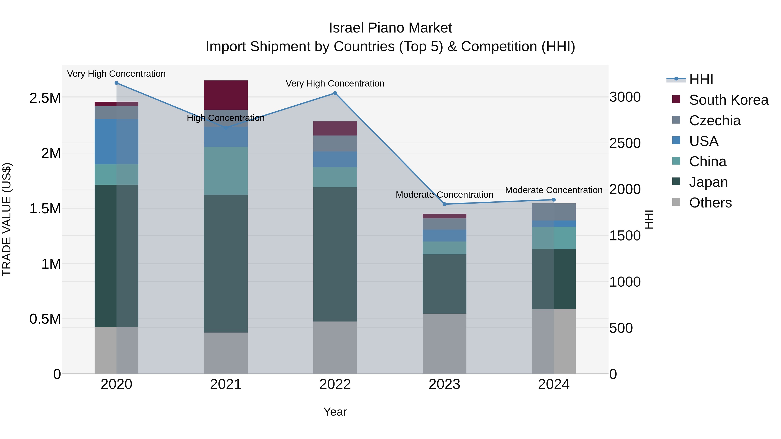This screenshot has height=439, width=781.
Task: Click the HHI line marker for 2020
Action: point(116,83)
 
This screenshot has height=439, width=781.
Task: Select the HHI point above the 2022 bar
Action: point(335,93)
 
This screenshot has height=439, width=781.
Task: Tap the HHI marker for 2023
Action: point(445,204)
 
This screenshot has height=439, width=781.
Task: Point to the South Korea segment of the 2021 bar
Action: point(226,95)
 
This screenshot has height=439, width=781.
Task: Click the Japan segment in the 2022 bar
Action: point(335,254)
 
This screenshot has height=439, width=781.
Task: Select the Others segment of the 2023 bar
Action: point(445,344)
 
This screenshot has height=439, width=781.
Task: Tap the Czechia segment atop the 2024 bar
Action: point(554,212)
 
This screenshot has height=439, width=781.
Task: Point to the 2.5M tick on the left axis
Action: point(45,98)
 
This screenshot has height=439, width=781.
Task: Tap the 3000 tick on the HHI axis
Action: point(625,97)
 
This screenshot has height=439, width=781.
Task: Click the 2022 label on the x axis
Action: point(335,384)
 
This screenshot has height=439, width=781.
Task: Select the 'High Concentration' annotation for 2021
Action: point(226,118)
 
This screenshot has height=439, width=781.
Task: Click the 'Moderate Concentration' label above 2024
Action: point(554,190)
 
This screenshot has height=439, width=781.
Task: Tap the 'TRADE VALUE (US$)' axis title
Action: point(7,219)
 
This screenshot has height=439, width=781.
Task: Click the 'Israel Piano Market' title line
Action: point(390,28)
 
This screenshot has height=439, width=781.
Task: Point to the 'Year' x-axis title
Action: point(335,412)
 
